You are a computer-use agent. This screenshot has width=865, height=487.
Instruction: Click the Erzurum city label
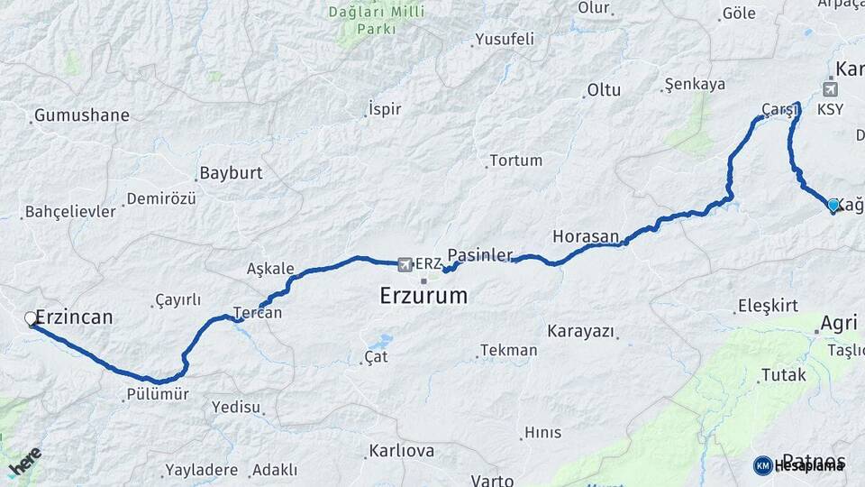[x=423, y=296]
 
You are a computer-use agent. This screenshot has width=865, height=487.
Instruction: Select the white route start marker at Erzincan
[x=31, y=318]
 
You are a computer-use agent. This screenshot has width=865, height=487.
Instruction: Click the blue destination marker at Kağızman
[x=833, y=206]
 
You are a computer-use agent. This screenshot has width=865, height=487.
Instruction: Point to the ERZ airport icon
[x=404, y=263]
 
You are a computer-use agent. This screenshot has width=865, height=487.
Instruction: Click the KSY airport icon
[x=829, y=88]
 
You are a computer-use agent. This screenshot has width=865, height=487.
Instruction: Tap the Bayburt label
[x=231, y=172]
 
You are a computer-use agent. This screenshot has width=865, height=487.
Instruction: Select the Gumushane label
[x=81, y=115]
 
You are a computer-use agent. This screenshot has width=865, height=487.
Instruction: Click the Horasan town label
[x=586, y=236]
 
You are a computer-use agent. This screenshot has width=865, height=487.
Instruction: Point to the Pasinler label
[x=480, y=254]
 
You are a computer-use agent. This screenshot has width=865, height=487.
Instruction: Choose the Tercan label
[x=258, y=314]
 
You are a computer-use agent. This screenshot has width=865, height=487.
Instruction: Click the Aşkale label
[x=270, y=269]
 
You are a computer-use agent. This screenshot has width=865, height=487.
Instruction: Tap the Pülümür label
[x=158, y=394]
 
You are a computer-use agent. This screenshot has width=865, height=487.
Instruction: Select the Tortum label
[x=516, y=161]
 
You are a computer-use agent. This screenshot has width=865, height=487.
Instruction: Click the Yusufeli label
[x=505, y=39]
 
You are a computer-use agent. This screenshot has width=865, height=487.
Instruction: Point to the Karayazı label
[x=580, y=331]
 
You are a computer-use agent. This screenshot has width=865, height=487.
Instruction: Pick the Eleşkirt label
[x=768, y=306]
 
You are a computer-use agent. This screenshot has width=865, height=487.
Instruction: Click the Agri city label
[x=839, y=323]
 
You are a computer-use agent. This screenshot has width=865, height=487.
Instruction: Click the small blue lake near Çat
[x=383, y=342]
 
